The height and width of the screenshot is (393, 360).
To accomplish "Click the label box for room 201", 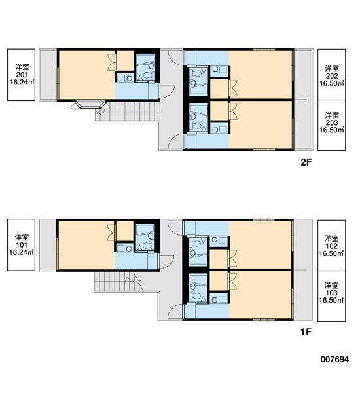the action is click(x=22, y=75).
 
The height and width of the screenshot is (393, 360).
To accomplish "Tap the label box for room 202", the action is click(x=331, y=75).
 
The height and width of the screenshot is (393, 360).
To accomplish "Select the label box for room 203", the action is click(x=331, y=125).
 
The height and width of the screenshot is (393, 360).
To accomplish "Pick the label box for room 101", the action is click(x=22, y=245).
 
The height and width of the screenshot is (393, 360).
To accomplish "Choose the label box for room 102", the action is click(x=331, y=246).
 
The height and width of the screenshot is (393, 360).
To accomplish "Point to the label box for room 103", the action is click(x=331, y=296).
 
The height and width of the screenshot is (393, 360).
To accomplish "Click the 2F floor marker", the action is click(x=306, y=162).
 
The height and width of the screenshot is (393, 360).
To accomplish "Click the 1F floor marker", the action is click(x=306, y=332).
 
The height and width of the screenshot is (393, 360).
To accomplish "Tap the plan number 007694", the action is click(x=334, y=359).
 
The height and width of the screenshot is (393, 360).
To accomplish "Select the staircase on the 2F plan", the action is click(x=127, y=111).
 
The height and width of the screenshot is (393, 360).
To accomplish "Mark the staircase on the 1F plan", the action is click(x=119, y=282).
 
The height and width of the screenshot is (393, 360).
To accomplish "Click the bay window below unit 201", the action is click(x=90, y=105).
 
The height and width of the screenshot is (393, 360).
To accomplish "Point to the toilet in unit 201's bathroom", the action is click(x=148, y=75).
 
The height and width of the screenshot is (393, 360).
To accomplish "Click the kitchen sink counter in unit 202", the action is click(x=219, y=70).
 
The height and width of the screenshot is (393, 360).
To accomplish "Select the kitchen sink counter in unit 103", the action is click(x=219, y=299).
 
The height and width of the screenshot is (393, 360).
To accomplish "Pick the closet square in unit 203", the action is click(x=219, y=111).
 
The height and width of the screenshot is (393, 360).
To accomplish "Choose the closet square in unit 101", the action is click(x=125, y=231).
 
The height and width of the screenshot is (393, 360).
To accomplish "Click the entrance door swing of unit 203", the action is click(x=175, y=141).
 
